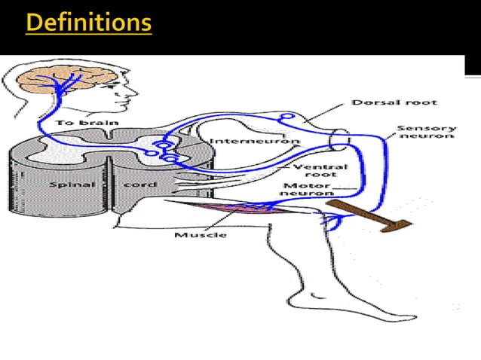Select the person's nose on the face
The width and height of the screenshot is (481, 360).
tap(136, 88)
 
